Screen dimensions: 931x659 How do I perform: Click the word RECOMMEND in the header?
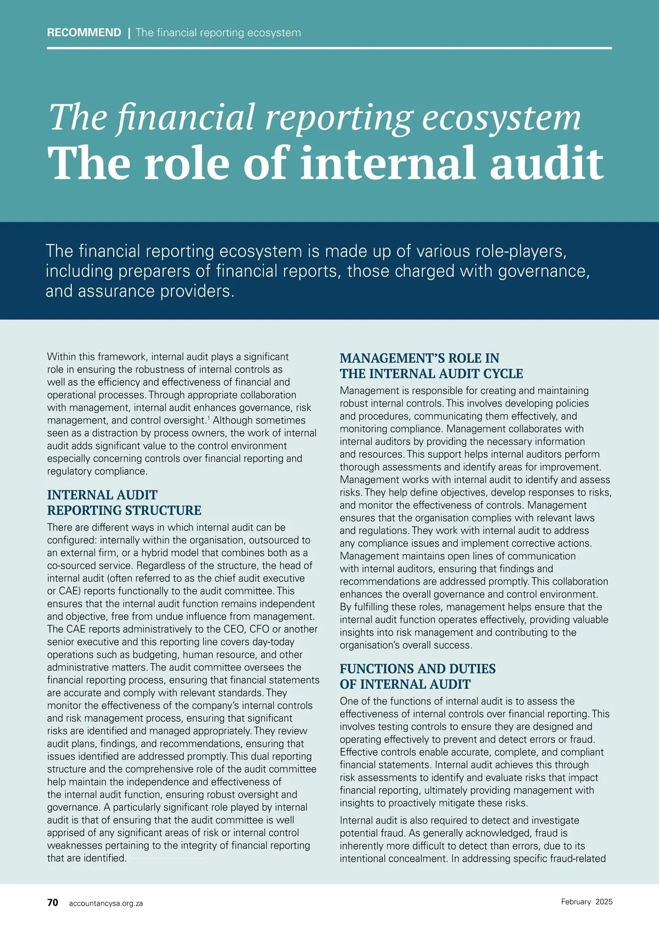click(x=84, y=32)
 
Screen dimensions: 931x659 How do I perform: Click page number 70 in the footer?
click(x=53, y=902)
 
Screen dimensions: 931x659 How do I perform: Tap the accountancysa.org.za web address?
click(x=106, y=903)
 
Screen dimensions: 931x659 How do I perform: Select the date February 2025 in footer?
click(x=587, y=902)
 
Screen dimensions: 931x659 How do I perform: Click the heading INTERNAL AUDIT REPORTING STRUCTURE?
click(x=124, y=502)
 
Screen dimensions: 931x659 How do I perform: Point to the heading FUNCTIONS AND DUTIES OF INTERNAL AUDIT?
click(x=417, y=676)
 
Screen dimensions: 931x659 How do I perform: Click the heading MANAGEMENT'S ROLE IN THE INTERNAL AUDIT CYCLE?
click(x=431, y=366)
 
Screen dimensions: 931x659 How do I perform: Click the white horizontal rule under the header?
click(x=329, y=48)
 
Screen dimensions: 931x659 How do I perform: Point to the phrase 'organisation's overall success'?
click(x=405, y=645)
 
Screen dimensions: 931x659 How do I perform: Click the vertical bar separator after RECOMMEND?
click(x=129, y=33)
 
